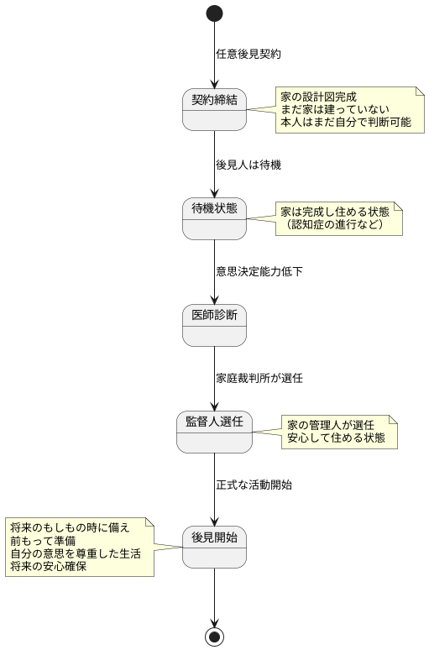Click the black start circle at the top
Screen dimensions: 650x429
(214, 13)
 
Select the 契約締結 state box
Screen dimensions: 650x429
(214, 109)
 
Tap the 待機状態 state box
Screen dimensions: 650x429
(214, 218)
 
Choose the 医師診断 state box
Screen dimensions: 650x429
(214, 324)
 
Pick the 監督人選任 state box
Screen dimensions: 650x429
(214, 432)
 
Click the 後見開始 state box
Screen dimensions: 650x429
(214, 546)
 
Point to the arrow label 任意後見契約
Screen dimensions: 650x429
(249, 54)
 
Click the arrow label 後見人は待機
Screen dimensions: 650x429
(249, 165)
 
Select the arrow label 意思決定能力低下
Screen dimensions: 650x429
(259, 271)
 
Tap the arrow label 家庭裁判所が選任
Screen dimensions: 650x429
(259, 378)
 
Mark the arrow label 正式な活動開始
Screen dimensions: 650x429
(254, 485)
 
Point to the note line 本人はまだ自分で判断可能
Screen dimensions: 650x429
(347, 124)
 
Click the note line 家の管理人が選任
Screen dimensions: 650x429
(331, 424)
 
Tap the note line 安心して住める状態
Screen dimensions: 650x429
(336, 438)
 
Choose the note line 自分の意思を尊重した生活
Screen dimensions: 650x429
(76, 554)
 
